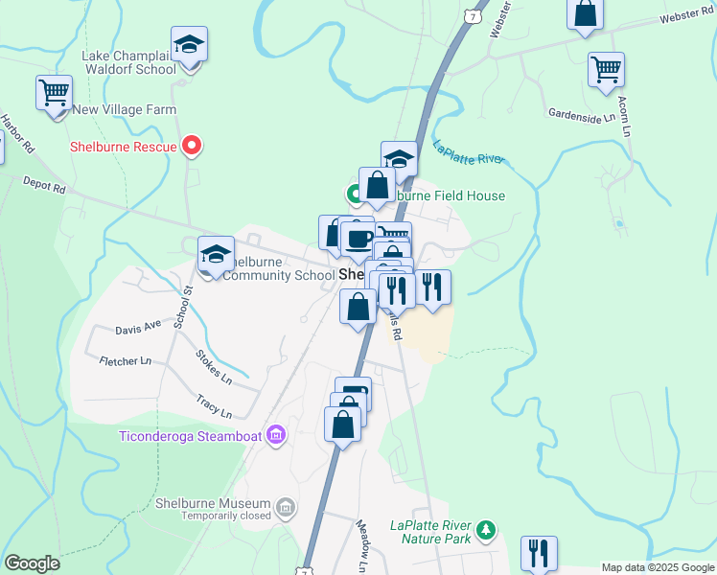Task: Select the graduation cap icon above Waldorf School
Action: pyautogui.click(x=190, y=45)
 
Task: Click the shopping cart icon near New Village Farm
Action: pyautogui.click(x=54, y=93)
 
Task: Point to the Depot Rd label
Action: pyautogui.click(x=44, y=185)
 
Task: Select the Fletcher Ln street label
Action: pyautogui.click(x=125, y=361)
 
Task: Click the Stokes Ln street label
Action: pyautogui.click(x=213, y=367)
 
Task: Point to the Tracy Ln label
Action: pyautogui.click(x=214, y=406)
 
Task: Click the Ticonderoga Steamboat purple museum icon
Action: pyautogui.click(x=276, y=436)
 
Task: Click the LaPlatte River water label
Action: pyautogui.click(x=468, y=155)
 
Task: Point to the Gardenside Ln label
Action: pyautogui.click(x=581, y=117)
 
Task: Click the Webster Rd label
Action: pyautogui.click(x=688, y=18)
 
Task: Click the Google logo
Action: pyautogui.click(x=32, y=563)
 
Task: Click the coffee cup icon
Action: pyautogui.click(x=358, y=239)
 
